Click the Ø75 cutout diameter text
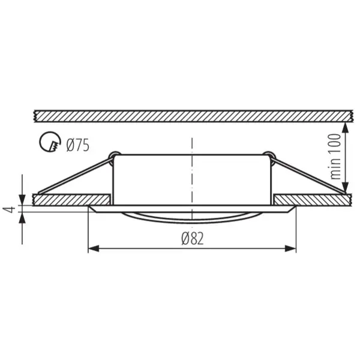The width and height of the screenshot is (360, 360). (x=78, y=144)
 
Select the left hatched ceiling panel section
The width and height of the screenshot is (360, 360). (x=71, y=199)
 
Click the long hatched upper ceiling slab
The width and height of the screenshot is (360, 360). (x=192, y=114)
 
